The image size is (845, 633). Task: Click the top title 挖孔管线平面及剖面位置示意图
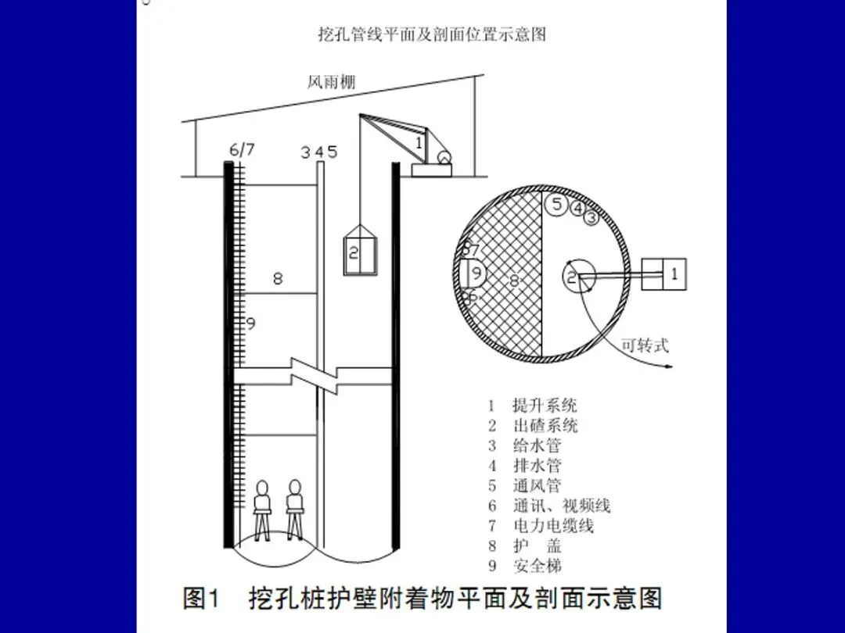[431, 35]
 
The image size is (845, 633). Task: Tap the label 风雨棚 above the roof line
[332, 83]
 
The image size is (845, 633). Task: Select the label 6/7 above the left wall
[242, 150]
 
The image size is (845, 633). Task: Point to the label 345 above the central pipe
[319, 152]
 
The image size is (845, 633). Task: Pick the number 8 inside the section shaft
[278, 277]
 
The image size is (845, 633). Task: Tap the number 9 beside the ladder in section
[251, 324]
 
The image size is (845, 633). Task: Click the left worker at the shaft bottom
[263, 507]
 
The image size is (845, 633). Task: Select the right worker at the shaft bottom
[295, 507]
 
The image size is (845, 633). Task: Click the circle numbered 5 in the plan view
[556, 206]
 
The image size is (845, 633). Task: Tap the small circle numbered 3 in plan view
[591, 219]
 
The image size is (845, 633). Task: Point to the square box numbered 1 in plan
[663, 274]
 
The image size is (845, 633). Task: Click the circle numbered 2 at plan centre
[578, 277]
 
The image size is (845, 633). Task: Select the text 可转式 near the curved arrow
[645, 345]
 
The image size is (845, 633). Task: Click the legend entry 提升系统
[545, 406]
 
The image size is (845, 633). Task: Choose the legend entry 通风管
[537, 486]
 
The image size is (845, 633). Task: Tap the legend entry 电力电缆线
[553, 526]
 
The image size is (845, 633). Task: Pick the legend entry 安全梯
[537, 566]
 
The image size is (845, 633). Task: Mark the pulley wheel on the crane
[444, 156]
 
